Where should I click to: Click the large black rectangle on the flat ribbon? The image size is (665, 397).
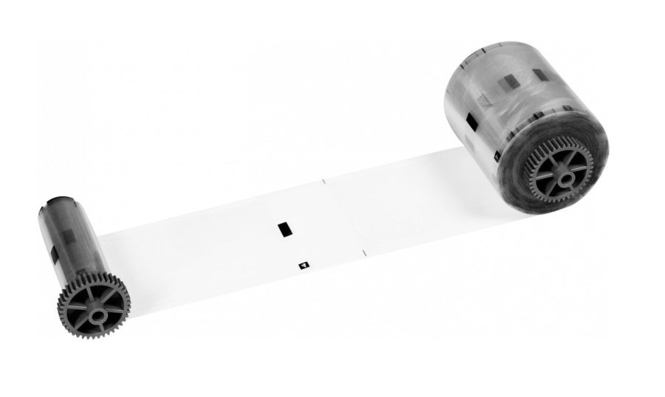tap(283, 229)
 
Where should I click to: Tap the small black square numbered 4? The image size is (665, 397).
tap(302, 263)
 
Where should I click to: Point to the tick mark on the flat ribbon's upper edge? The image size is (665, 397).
tap(324, 179)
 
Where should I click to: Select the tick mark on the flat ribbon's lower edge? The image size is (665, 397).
tap(364, 254)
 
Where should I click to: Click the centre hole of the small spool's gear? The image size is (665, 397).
tap(95, 313)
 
